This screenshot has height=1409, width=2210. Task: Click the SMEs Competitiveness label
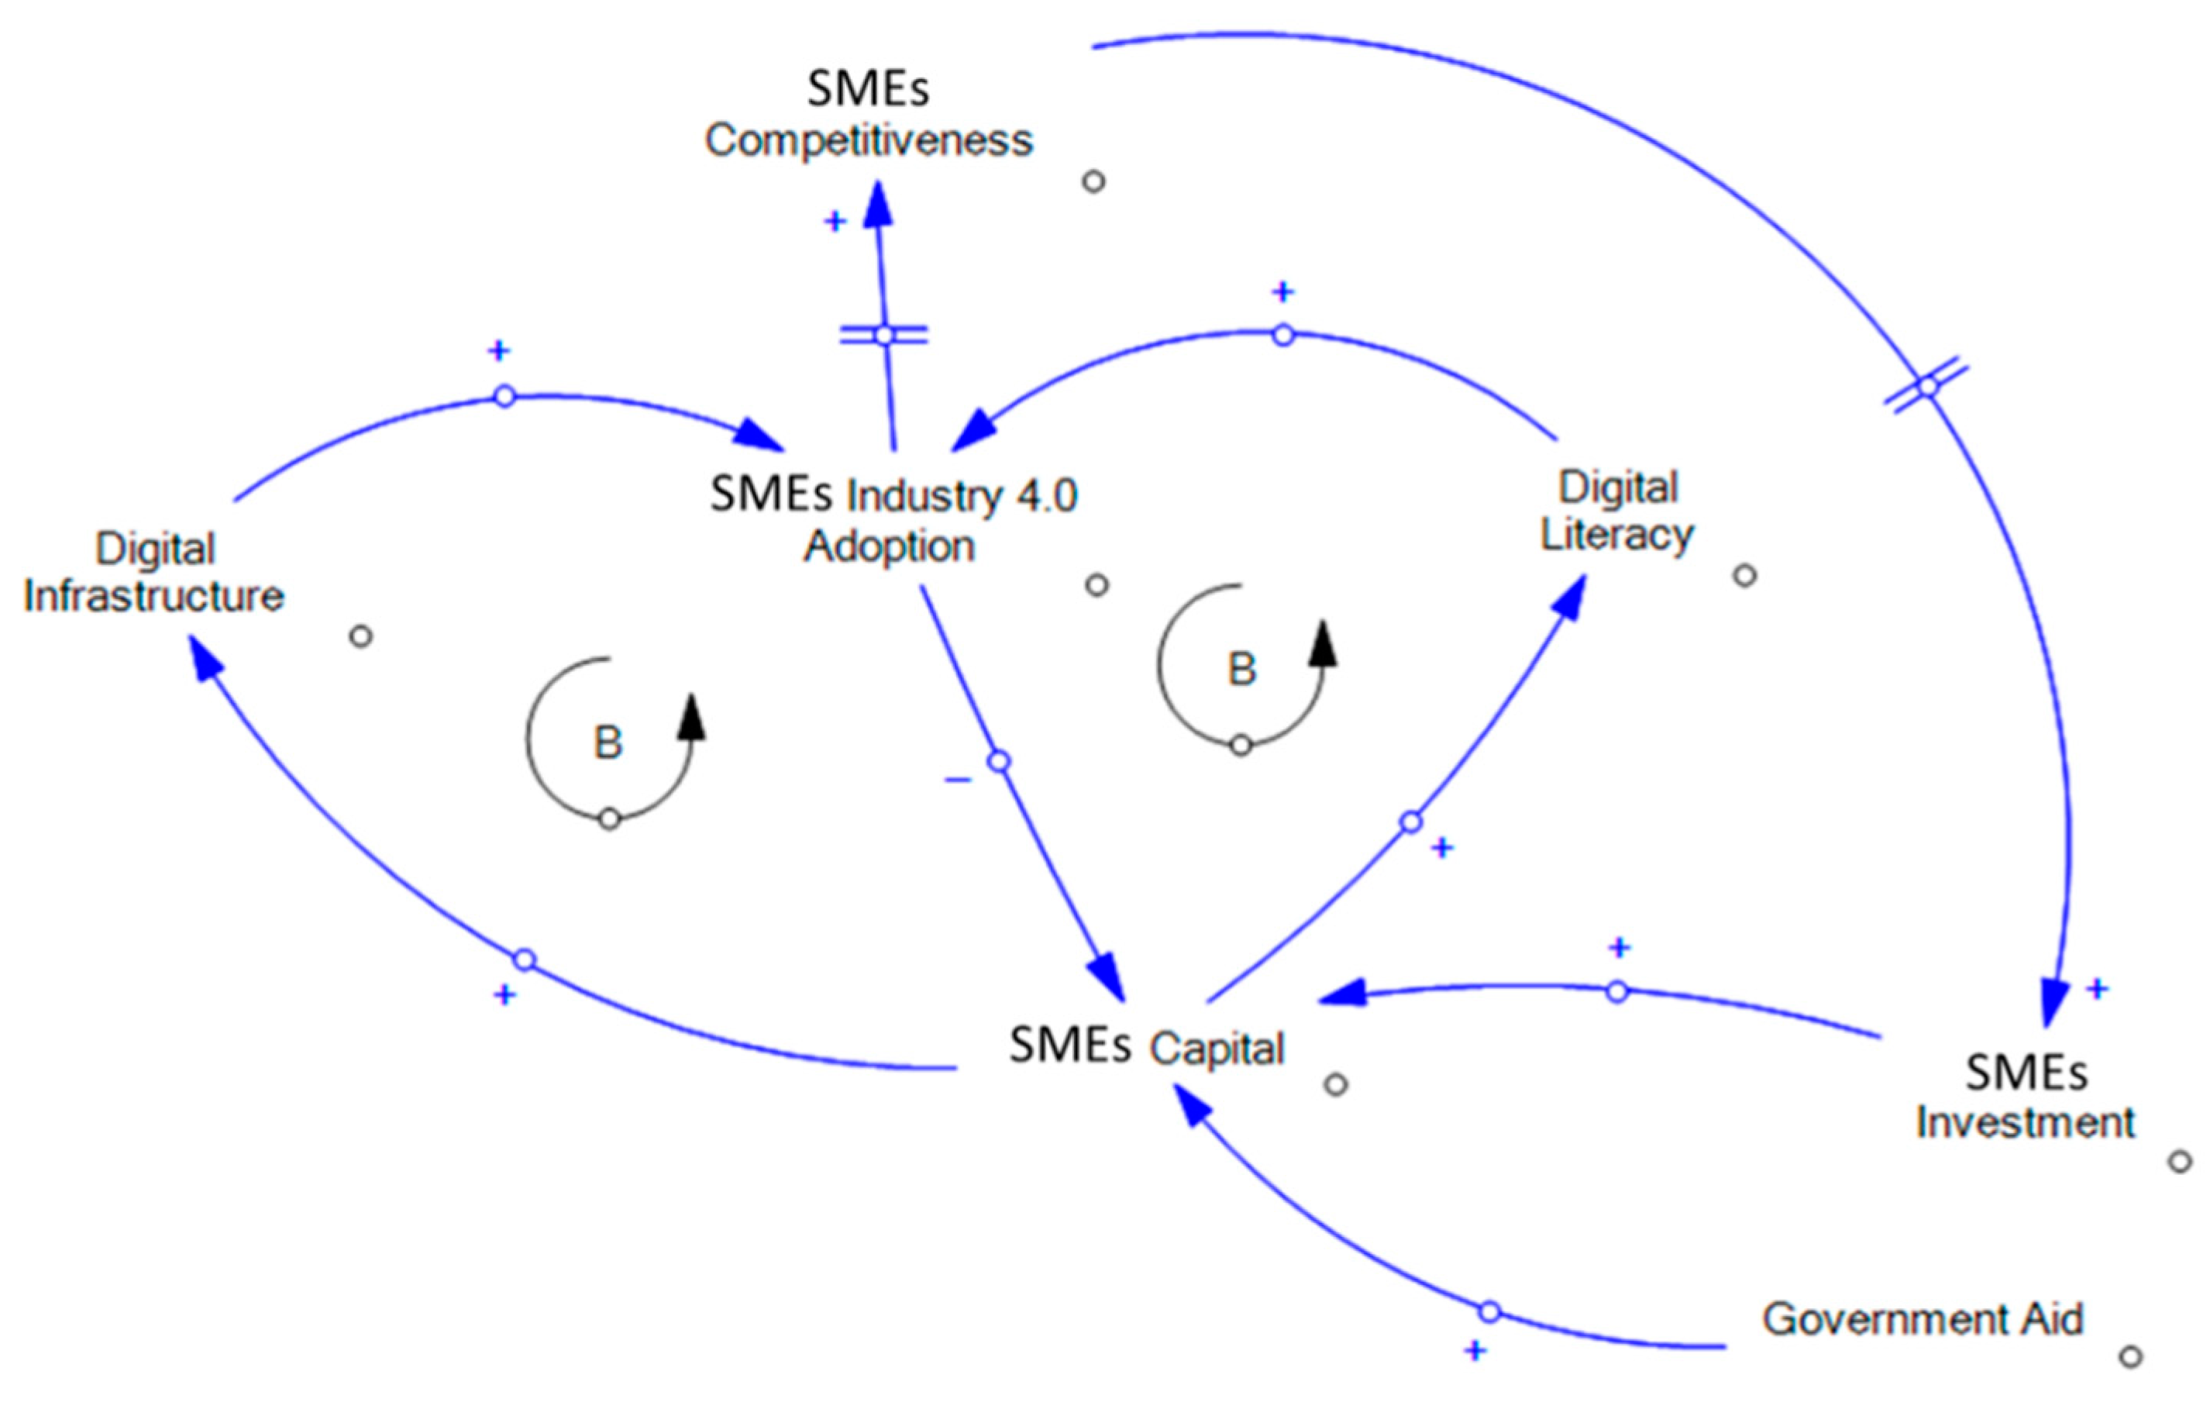coord(868,115)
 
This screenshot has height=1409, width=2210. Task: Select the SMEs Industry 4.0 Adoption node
coord(892,519)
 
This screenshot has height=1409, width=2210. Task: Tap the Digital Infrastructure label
coord(154,572)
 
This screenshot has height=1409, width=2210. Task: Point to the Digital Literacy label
coord(1617,511)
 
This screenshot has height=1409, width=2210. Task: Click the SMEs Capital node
coord(1146,1046)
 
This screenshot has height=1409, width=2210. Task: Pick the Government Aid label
coord(1923,1319)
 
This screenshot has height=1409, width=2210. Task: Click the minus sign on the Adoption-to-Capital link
coord(957,780)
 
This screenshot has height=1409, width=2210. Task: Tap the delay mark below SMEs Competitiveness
coord(883,336)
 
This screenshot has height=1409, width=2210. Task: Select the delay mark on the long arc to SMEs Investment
coord(1927,388)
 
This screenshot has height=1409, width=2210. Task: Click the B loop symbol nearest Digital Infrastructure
coord(608,742)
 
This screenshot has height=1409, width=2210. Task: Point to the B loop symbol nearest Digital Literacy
coord(1241,668)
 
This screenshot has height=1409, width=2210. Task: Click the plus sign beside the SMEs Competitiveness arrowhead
coord(835,221)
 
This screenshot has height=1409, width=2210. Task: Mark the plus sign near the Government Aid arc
coord(1475,1350)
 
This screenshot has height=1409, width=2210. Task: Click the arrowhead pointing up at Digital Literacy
coord(1569,597)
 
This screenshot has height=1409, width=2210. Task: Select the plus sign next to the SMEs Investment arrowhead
coord(2097,989)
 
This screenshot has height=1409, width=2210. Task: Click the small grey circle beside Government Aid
coord(2131,1356)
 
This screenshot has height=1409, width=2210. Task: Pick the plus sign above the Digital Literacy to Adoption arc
coord(1282,292)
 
